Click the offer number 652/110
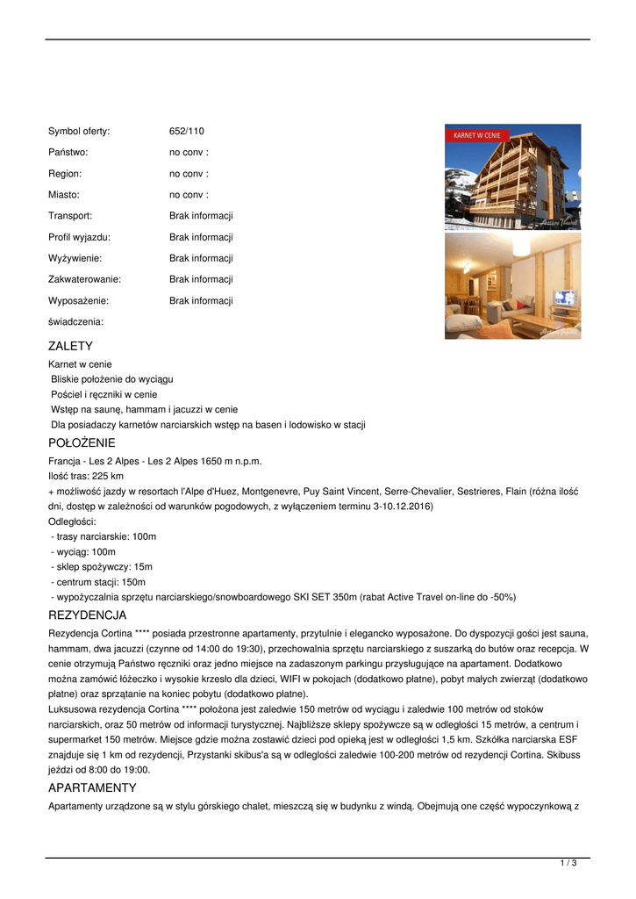coord(186,131)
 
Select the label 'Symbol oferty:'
coord(79,131)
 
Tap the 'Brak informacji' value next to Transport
coord(201,216)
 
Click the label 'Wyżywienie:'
coord(75,258)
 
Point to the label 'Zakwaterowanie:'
coord(84,279)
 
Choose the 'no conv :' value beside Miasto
coord(189,195)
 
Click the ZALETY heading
coord(70,347)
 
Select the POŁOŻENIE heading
coord(82,443)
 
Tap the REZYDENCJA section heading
coord(88,615)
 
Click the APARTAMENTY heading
coord(92,788)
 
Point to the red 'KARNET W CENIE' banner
coord(476,136)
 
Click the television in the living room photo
coord(564,298)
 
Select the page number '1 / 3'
coord(568,864)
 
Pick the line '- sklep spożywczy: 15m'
coord(102,566)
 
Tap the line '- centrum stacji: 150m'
coord(98,581)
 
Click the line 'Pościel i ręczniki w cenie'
coord(104,394)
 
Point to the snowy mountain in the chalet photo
coord(460,180)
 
